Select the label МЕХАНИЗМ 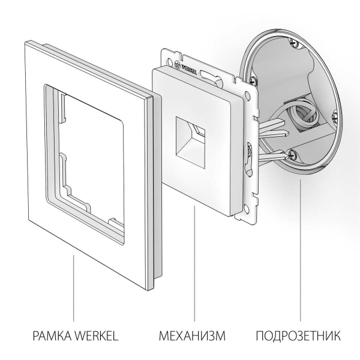pos(193,335)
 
